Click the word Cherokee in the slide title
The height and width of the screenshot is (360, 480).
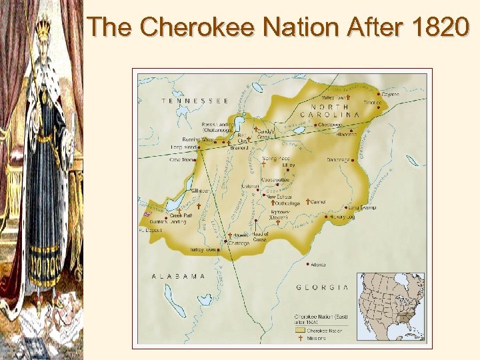point(199,27)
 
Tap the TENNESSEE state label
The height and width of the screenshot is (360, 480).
point(195,101)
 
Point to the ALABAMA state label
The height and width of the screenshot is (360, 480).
point(179,275)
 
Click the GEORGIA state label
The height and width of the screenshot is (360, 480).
point(322,287)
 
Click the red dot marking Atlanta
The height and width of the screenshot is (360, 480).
point(307,264)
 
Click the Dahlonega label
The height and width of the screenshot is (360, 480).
point(341,159)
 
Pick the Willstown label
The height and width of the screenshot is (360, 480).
point(199,191)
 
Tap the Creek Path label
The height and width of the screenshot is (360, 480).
point(181,215)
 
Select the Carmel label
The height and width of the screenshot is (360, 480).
point(318,201)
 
